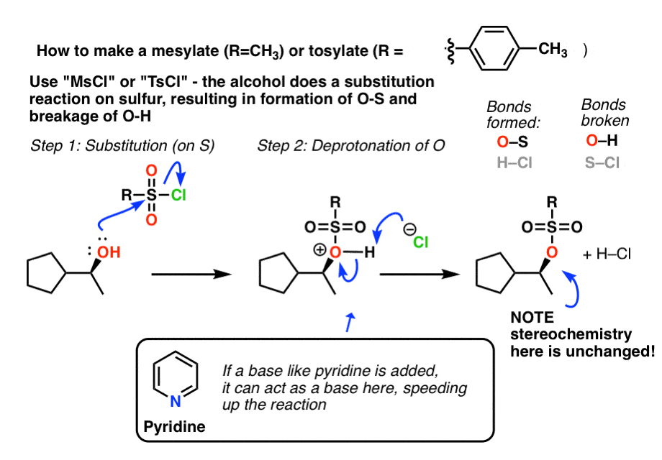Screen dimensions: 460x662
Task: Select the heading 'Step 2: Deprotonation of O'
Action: (x=351, y=146)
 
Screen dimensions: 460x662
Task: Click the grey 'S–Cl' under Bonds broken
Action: (x=602, y=163)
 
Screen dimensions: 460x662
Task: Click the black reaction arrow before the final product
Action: (x=420, y=274)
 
